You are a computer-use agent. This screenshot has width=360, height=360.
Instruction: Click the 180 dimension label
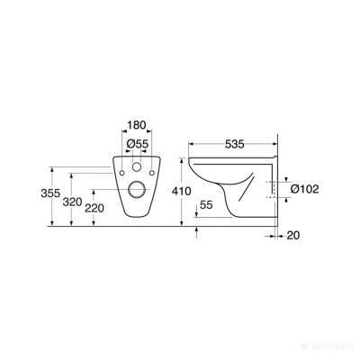[137, 125]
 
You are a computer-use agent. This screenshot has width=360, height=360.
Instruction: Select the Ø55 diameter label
[138, 144]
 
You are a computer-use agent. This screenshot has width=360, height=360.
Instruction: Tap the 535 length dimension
[235, 144]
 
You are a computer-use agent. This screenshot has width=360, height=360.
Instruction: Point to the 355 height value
[50, 193]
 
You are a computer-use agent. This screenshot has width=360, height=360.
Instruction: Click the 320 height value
[73, 202]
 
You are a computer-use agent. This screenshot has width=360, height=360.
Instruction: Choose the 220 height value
[94, 208]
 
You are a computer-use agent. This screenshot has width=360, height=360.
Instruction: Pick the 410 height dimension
[181, 191]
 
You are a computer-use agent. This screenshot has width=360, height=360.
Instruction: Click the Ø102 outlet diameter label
[304, 189]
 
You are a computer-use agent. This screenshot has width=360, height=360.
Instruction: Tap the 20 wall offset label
[292, 236]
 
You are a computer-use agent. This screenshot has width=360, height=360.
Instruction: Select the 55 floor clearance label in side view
[206, 205]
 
